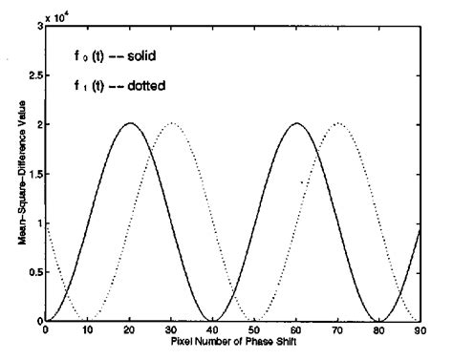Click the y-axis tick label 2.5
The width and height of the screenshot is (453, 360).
[32, 74]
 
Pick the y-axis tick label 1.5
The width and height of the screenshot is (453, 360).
[32, 173]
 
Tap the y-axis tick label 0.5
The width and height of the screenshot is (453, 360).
[32, 272]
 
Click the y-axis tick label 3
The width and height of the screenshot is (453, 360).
[38, 26]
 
